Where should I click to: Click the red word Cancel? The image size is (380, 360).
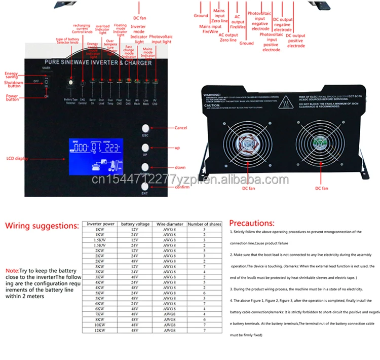(x=181, y=128)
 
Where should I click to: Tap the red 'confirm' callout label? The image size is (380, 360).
(x=182, y=187)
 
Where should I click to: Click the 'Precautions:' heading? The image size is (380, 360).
(x=251, y=223)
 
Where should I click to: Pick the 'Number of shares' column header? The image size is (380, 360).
(x=204, y=224)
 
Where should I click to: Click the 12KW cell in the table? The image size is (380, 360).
(x=99, y=331)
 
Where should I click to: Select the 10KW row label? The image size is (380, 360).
(x=99, y=325)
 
